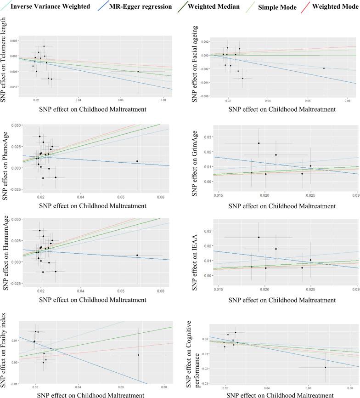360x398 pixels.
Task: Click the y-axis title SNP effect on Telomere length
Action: pyautogui.click(x=6, y=63)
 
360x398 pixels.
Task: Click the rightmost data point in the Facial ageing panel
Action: pyautogui.click(x=324, y=68)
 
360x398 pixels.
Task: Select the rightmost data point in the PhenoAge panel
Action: pyautogui.click(x=137, y=161)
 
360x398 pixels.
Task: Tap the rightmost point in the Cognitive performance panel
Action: pyautogui.click(x=325, y=367)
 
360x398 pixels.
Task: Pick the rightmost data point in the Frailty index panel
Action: pyautogui.click(x=138, y=355)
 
